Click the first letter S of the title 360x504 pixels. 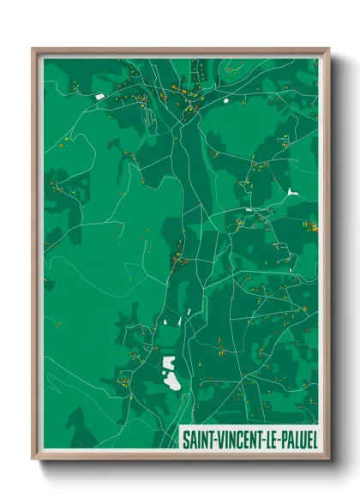tap(185, 439)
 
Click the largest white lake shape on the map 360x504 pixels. tap(171, 373)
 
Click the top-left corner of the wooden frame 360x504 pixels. tap(33, 49)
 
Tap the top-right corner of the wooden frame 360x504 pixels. tap(327, 49)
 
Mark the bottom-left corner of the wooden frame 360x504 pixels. tap(33, 459)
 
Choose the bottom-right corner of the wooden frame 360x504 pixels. tap(327, 459)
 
